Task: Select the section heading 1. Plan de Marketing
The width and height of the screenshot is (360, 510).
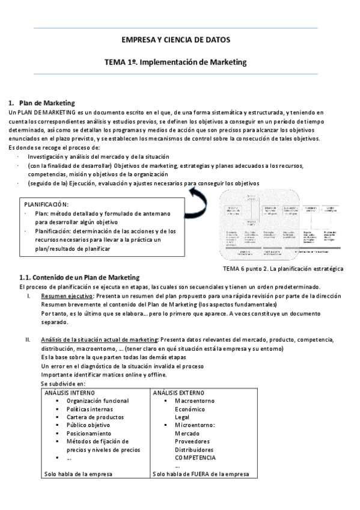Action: coord(42,103)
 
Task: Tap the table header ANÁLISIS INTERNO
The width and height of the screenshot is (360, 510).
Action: coord(70,392)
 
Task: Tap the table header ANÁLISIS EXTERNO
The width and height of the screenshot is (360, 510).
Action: coord(179,392)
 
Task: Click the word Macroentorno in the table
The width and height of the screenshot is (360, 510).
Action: coord(196,400)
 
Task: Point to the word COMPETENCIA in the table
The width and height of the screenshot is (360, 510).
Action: coord(195,458)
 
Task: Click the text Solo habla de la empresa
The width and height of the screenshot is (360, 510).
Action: coord(78,474)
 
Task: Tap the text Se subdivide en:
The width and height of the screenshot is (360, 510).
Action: coord(63,383)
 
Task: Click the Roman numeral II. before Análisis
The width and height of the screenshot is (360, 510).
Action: coord(28,340)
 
